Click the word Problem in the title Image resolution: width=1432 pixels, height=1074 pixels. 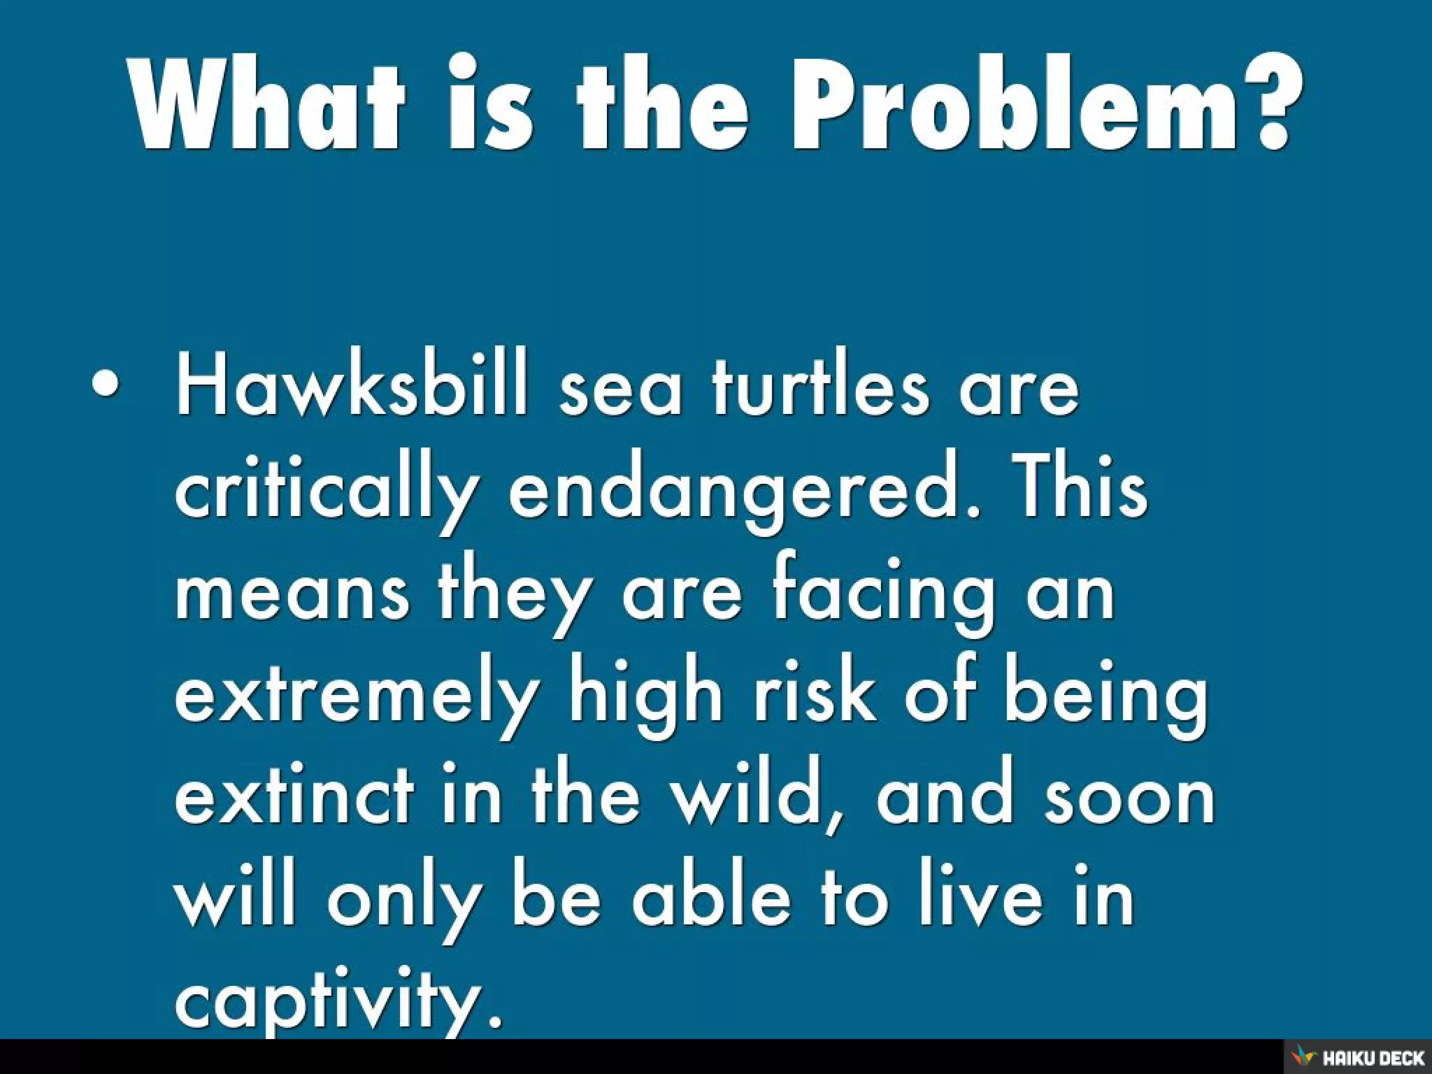click(1015, 105)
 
